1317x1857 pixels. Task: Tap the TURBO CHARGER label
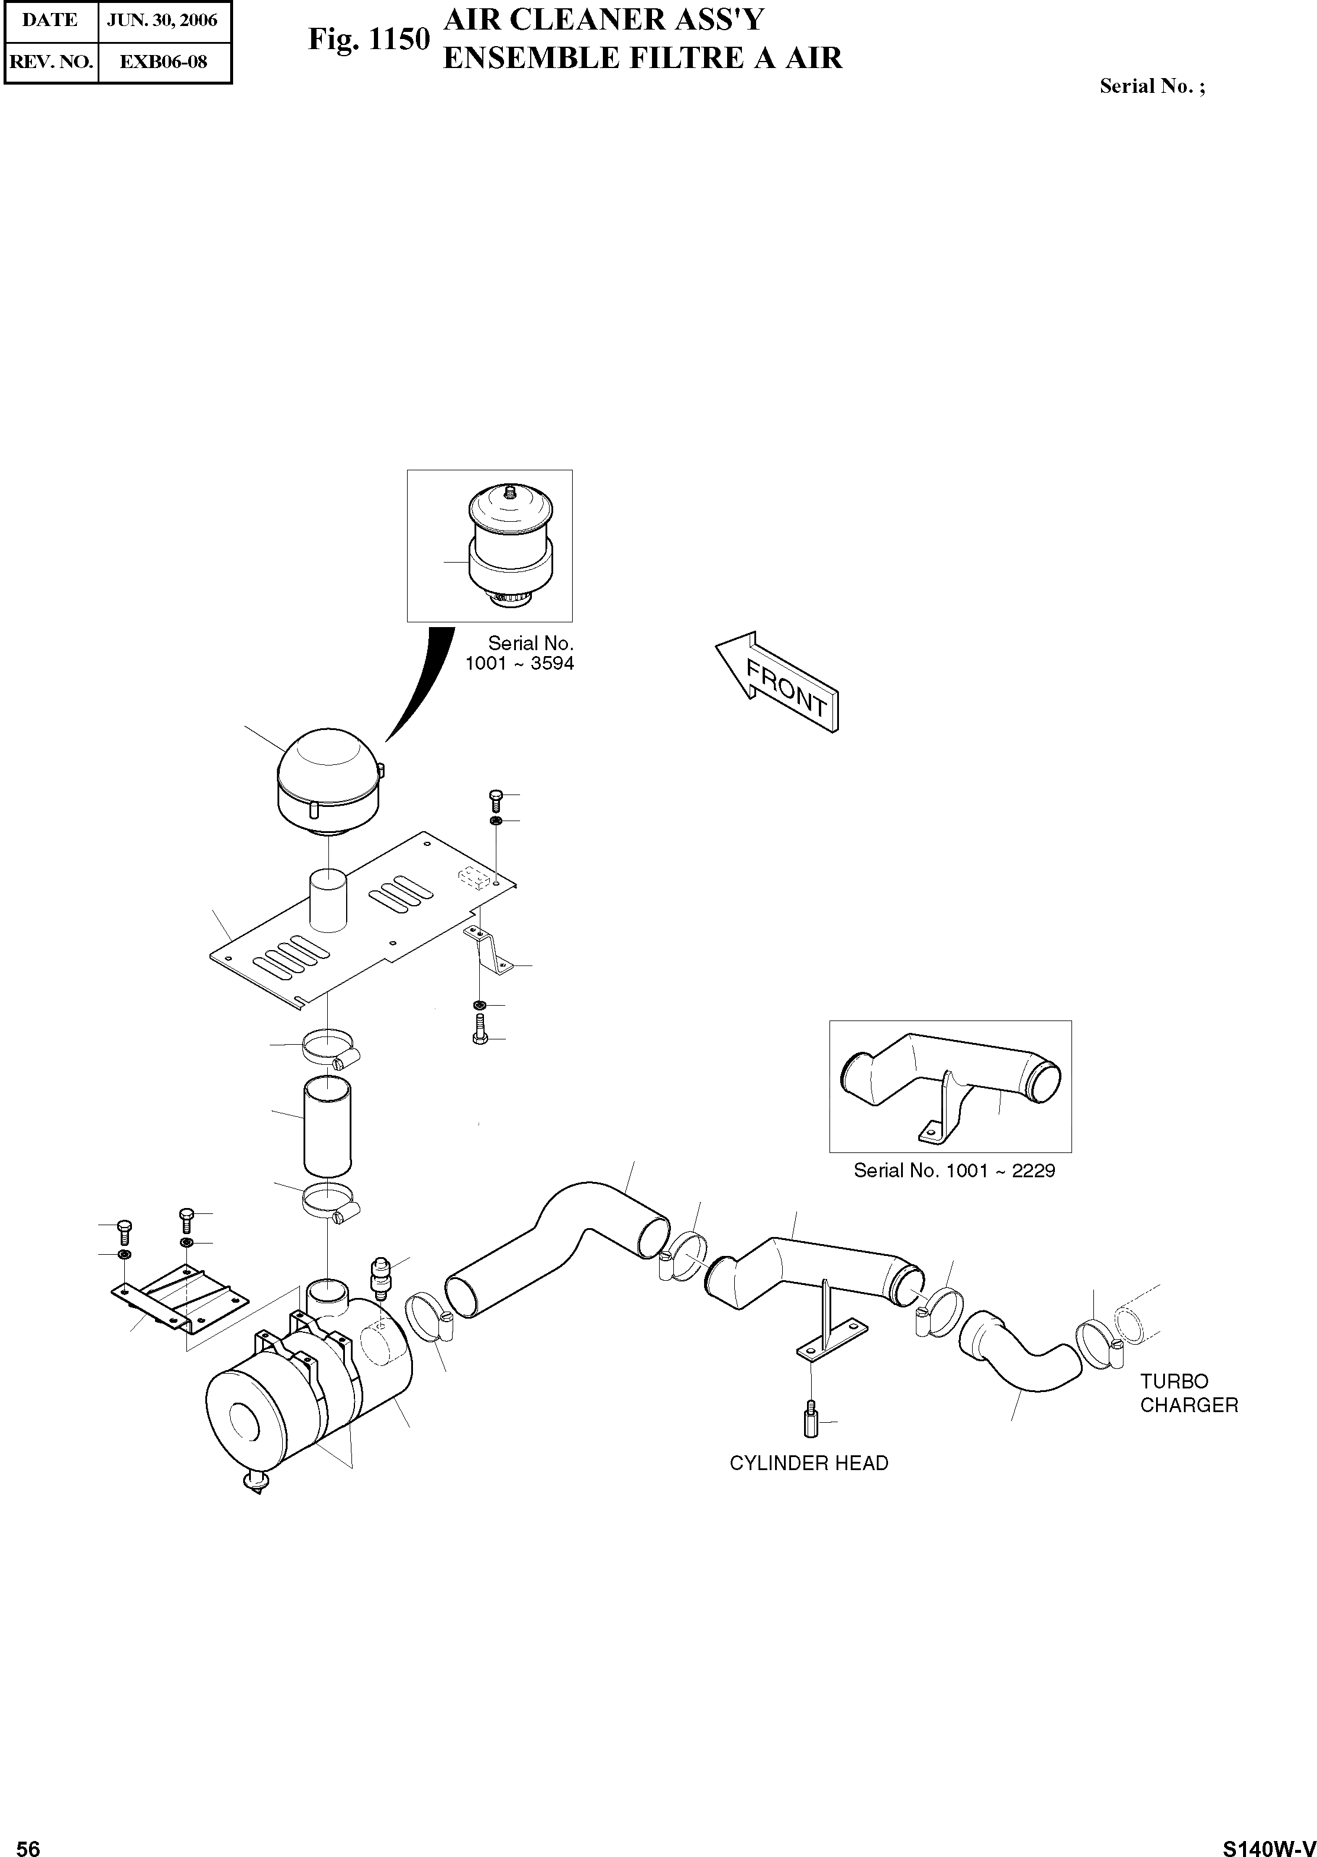coord(1188,1393)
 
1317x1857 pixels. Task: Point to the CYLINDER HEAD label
coord(809,1463)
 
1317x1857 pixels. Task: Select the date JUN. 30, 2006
coord(162,20)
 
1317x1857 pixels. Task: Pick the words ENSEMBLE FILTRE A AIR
coord(643,59)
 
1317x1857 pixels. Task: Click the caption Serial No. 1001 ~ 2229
coord(954,1170)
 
